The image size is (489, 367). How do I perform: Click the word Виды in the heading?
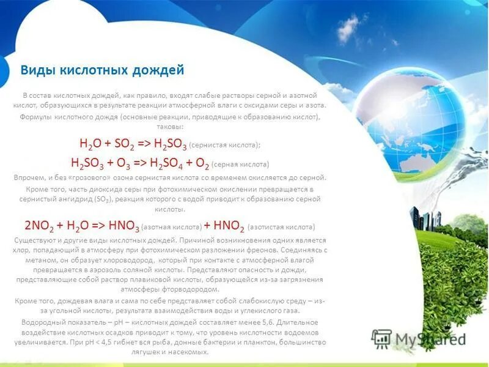(37, 70)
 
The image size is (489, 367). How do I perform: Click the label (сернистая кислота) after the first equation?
(225, 145)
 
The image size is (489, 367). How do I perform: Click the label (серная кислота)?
(242, 165)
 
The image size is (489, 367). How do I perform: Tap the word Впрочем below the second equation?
(28, 177)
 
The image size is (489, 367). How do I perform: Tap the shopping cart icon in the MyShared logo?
(381, 338)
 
